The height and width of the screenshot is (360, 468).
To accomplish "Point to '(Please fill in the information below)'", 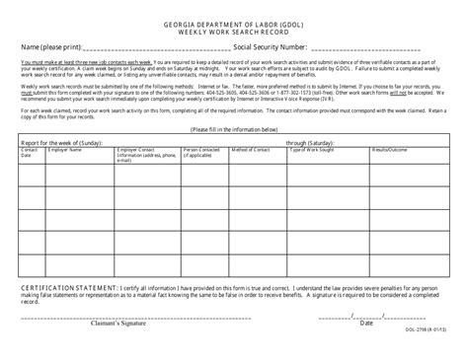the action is [x=234, y=129].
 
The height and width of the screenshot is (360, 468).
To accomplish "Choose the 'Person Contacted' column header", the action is [x=201, y=153].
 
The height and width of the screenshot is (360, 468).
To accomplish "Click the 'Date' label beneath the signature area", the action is [x=366, y=324].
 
